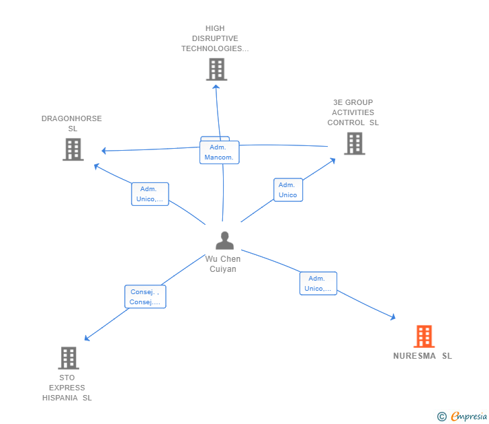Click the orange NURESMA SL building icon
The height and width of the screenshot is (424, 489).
click(x=424, y=337)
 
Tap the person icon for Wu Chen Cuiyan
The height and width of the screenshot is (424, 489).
click(x=224, y=240)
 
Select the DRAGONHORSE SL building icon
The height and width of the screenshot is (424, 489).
click(x=73, y=149)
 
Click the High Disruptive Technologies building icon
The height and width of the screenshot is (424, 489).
click(x=216, y=69)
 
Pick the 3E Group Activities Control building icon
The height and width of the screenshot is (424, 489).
click(x=355, y=143)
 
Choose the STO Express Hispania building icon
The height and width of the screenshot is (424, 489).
click(x=69, y=358)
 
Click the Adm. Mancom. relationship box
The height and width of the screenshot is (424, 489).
click(x=219, y=152)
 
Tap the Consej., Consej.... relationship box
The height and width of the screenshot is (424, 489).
click(x=145, y=297)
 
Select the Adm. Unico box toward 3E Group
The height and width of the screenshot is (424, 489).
click(x=288, y=190)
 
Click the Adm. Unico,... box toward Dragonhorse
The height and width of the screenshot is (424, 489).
click(x=150, y=194)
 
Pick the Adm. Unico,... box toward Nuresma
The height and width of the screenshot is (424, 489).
click(x=318, y=283)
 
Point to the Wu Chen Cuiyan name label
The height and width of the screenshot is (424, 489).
click(x=223, y=264)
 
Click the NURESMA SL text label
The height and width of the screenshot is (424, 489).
click(x=423, y=356)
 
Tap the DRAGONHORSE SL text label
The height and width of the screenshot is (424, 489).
click(x=72, y=123)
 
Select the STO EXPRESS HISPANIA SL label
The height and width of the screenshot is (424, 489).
click(x=67, y=388)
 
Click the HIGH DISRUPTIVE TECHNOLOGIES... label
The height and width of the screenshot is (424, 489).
click(x=215, y=38)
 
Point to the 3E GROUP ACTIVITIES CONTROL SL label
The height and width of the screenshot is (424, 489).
click(x=353, y=112)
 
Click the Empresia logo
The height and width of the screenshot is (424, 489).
click(x=462, y=417)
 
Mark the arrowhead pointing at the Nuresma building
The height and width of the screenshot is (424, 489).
click(x=393, y=317)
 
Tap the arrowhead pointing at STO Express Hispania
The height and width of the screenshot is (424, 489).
click(x=87, y=338)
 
